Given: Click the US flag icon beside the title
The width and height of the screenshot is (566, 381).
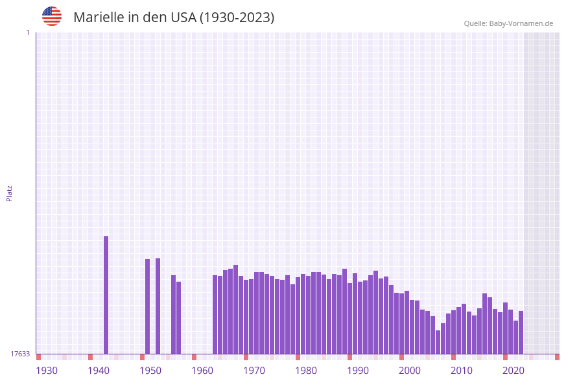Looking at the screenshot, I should (x=52, y=16).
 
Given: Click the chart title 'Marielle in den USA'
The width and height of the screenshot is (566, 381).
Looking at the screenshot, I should (x=174, y=18).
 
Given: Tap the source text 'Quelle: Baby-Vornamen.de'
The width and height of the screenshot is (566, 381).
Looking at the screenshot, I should (x=508, y=23).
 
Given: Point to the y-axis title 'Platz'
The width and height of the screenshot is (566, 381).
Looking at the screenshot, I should (x=10, y=193).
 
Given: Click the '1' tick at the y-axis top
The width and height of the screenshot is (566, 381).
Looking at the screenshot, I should (x=27, y=32).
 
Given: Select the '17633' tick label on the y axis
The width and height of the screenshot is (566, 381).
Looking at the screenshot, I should (x=20, y=354).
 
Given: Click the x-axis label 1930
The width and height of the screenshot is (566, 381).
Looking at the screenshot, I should (x=47, y=371).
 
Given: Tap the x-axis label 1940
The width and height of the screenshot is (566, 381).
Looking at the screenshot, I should (x=99, y=371).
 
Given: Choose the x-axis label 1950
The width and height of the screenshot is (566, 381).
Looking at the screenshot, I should (x=150, y=371).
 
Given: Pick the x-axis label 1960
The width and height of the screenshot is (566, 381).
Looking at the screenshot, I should (x=202, y=371).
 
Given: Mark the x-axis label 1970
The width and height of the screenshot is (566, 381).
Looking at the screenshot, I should (x=254, y=371).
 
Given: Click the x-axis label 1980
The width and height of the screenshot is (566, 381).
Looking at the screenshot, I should (x=306, y=371).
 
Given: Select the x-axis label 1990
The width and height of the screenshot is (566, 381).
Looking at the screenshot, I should (x=358, y=371).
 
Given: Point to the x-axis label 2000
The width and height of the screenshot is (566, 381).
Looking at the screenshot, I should (x=410, y=371).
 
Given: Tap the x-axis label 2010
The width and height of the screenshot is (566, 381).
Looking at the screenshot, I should (x=462, y=371).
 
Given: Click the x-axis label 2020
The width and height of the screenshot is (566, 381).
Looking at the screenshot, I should (x=513, y=371).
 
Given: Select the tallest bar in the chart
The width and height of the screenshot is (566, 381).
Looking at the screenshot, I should (x=106, y=295).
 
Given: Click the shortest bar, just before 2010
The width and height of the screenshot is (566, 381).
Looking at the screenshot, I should (x=438, y=342).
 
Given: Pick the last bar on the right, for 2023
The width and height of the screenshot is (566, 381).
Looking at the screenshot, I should (x=521, y=332).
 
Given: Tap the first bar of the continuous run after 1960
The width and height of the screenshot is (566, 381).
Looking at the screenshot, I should (x=215, y=315).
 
